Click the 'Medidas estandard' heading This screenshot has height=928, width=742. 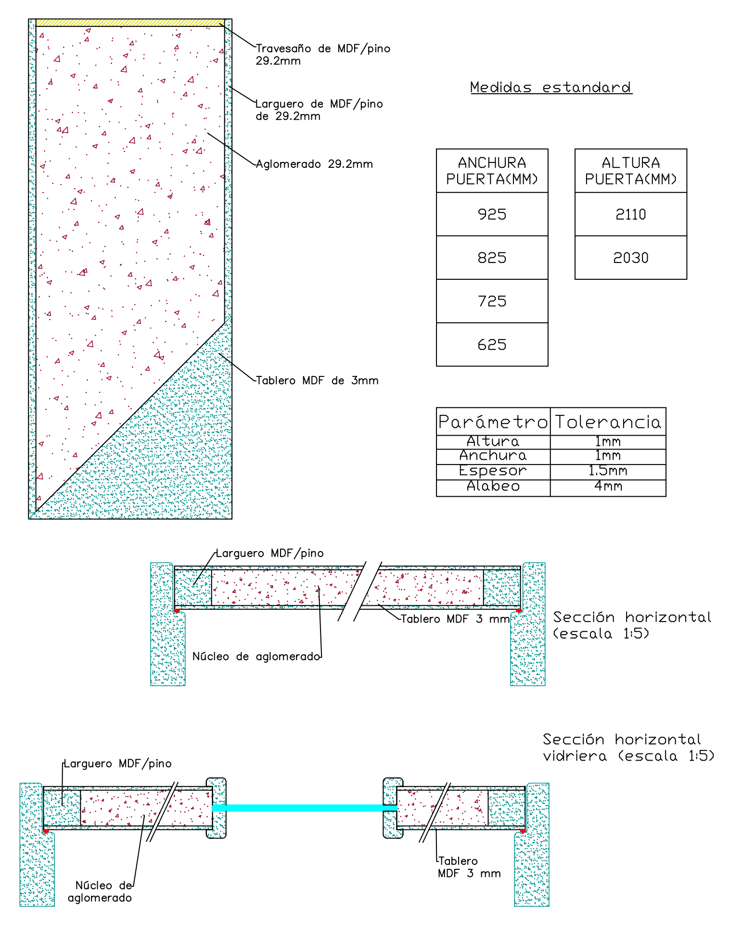[551, 88]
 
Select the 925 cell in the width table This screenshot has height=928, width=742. [492, 214]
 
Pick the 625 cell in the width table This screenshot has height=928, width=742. [492, 345]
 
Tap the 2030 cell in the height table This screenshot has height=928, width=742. [630, 258]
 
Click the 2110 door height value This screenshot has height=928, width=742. [630, 214]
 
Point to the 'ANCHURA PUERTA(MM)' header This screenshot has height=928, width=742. [492, 171]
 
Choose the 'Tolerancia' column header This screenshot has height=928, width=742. [608, 422]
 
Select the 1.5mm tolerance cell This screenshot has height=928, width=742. [608, 471]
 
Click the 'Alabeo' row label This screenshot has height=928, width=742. [493, 487]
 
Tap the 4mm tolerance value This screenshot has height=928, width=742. [608, 487]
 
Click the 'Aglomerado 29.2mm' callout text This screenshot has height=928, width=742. [314, 164]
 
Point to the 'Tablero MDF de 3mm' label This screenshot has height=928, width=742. [317, 381]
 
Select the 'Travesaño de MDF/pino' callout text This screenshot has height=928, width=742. [323, 49]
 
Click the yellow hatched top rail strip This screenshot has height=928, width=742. [130, 23]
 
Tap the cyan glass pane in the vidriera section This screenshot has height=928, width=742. [304, 808]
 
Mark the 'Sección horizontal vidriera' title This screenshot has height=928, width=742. [628, 748]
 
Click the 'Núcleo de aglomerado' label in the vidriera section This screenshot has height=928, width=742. [100, 891]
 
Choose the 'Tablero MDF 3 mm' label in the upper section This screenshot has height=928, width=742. [455, 619]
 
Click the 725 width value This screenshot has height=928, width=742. [492, 301]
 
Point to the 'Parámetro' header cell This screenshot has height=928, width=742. [493, 422]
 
